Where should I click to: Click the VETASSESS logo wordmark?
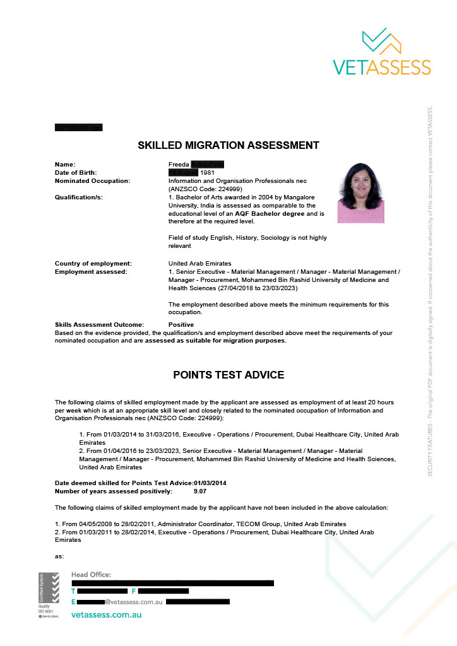click(382, 67)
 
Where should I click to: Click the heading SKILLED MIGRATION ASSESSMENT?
click(228, 146)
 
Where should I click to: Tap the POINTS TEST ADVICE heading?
click(228, 375)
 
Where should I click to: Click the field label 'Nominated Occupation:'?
click(92, 181)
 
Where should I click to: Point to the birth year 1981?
click(208, 173)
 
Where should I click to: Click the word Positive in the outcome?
click(181, 324)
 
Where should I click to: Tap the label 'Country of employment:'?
click(93, 263)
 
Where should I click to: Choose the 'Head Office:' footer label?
click(91, 575)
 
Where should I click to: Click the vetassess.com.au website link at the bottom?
click(106, 614)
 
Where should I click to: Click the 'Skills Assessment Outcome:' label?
click(99, 324)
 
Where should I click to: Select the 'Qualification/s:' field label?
click(79, 197)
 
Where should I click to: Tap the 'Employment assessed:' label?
click(91, 272)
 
